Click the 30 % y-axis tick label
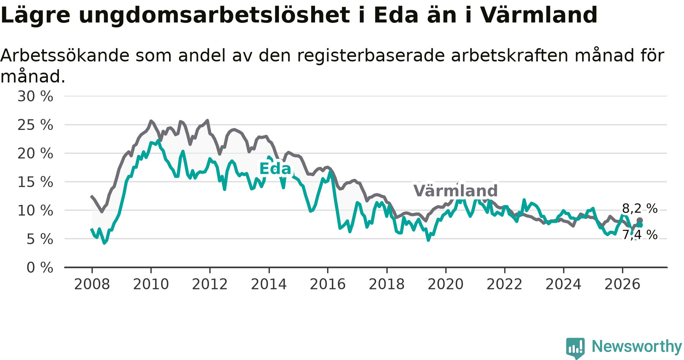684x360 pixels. point(35,96)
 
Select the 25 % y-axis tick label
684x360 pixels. point(35,125)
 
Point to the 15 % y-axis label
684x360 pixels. point(35,182)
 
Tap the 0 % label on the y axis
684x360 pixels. point(40,268)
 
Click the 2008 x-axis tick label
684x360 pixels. point(92,284)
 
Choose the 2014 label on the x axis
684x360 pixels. point(269,284)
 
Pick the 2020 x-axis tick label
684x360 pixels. point(446,284)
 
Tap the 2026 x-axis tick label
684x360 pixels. point(622,284)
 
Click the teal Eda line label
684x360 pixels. point(275,169)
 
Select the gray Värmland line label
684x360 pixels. point(455,191)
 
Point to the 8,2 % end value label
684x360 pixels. point(640,208)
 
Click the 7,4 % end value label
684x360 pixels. point(640,235)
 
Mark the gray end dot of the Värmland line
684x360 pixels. point(640,220)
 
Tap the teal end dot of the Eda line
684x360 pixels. point(640,225)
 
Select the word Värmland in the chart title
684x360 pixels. point(539,15)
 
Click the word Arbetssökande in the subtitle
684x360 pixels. point(65,56)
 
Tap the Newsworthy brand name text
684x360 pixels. point(637,347)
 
